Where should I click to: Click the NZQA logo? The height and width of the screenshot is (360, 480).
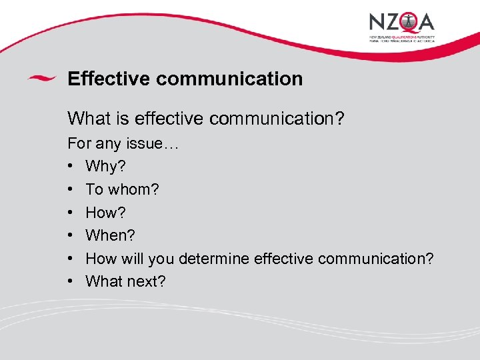[x=402, y=27]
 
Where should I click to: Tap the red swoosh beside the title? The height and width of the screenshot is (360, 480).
[x=41, y=78]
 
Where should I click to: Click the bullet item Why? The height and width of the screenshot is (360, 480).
[x=101, y=166]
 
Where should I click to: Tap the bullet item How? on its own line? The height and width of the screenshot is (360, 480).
[x=105, y=213]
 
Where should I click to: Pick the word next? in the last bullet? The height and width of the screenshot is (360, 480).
[x=146, y=281]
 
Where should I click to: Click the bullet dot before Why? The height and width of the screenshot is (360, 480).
[x=71, y=167]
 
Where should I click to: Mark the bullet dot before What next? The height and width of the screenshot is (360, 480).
[x=71, y=282]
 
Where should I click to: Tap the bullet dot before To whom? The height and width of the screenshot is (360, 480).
[x=71, y=190]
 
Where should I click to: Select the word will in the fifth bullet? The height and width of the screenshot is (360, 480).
[x=132, y=259]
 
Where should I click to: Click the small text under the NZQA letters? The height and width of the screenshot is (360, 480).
[x=402, y=38]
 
